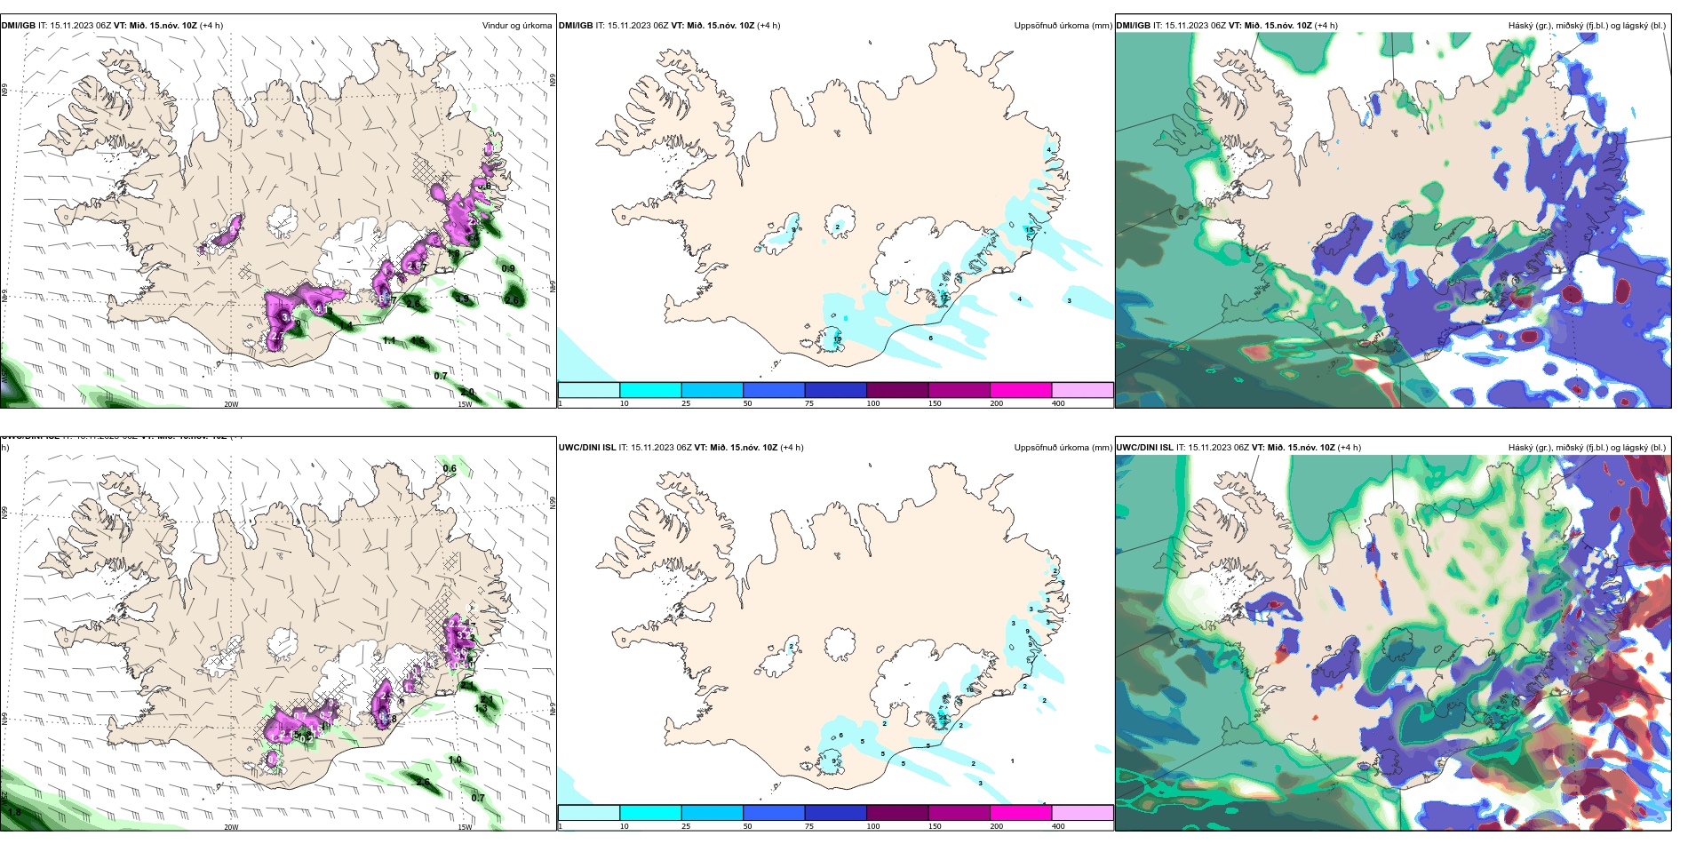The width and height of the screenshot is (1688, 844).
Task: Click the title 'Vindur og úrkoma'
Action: [516, 26]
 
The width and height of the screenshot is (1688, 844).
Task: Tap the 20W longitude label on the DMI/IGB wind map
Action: [231, 404]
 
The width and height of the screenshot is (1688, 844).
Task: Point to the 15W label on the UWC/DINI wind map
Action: [465, 827]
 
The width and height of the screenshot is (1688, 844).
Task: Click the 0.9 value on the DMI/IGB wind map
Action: [508, 269]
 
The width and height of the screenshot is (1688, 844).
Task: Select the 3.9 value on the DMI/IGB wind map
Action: [453, 254]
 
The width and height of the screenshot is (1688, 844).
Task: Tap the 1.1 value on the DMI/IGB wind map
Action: [389, 340]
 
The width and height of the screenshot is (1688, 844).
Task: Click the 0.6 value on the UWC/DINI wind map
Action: [450, 468]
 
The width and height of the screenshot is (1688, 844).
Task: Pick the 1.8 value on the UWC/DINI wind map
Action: [14, 812]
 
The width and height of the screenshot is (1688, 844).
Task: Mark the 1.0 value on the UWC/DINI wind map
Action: [455, 760]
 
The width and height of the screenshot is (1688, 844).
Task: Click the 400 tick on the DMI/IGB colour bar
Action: [1058, 403]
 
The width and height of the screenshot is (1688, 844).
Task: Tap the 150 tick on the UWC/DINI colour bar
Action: [935, 826]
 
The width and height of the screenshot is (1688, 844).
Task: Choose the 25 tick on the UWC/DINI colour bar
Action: [686, 826]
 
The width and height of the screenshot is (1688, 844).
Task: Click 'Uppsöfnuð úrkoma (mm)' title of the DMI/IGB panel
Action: [1063, 26]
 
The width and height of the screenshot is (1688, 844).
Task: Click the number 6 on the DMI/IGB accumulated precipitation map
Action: [931, 338]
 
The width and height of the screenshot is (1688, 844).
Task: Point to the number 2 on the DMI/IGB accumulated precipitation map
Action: [837, 227]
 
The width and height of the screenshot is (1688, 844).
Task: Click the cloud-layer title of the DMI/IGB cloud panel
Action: [1587, 26]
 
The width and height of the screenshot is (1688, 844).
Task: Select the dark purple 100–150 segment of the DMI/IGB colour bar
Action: [897, 390]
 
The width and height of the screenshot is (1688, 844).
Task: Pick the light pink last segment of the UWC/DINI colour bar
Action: [1082, 812]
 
